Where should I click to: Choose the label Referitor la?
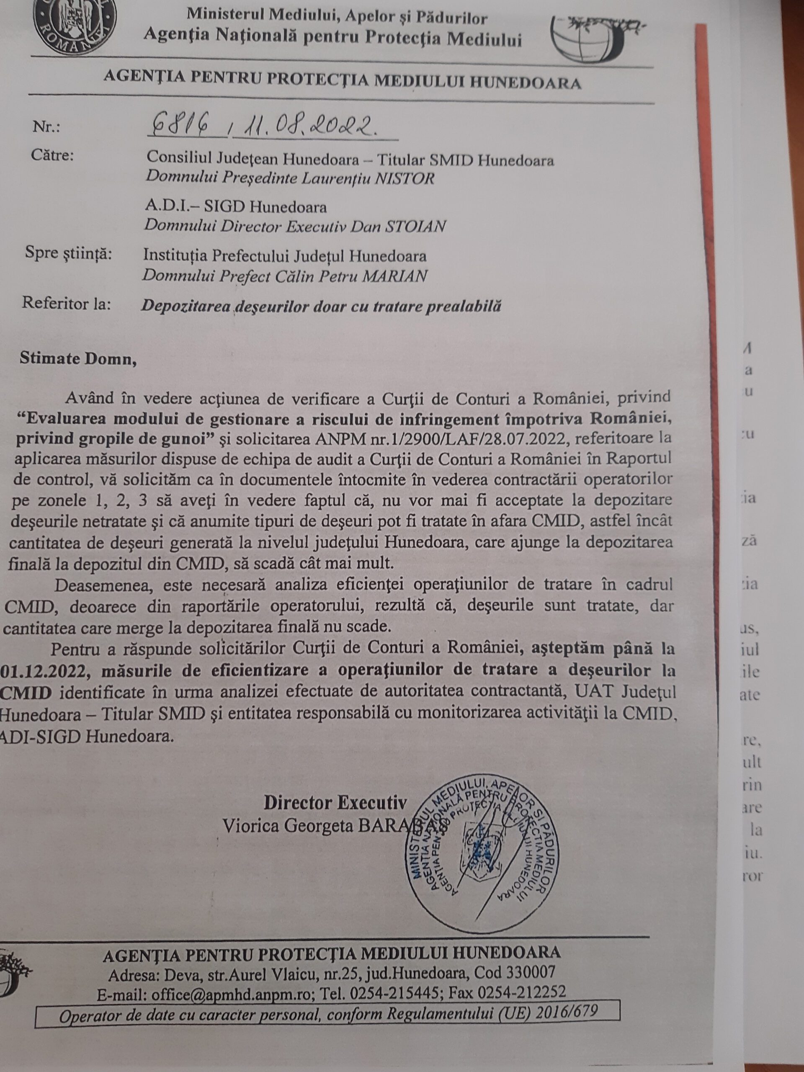tap(66, 304)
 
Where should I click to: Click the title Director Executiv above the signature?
tap(335, 804)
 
